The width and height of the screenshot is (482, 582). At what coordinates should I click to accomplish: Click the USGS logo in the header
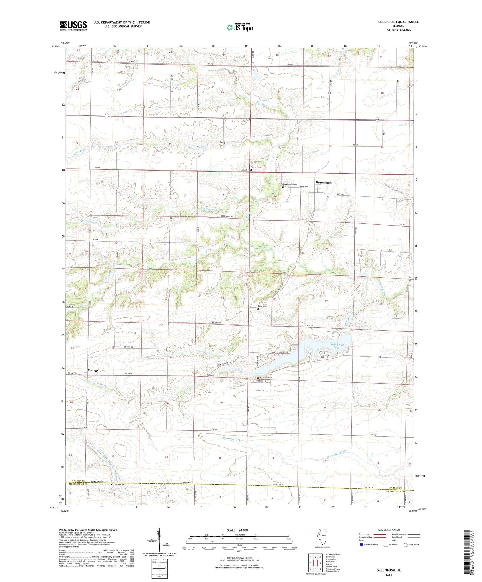tap(73, 26)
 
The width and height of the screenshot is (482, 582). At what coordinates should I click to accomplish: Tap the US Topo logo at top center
tap(239, 27)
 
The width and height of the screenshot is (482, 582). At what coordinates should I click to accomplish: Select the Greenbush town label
tap(323, 182)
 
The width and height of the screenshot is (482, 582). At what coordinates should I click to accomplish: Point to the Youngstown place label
tap(96, 370)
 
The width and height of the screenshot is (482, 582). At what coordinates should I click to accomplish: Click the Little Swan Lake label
tap(336, 346)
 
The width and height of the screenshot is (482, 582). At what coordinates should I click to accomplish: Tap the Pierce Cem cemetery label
tap(256, 167)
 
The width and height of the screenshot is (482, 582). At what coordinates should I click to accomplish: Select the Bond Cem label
tap(262, 306)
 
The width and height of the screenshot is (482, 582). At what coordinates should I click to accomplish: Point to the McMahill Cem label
tap(266, 378)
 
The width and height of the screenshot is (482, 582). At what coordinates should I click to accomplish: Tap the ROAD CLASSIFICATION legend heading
tap(388, 530)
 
